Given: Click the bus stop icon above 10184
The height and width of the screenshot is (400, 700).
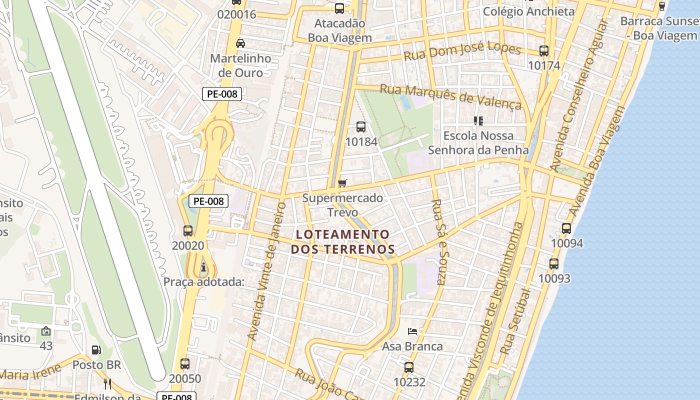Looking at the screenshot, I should coord(361,127).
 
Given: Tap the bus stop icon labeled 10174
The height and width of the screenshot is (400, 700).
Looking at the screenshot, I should coord(544,51).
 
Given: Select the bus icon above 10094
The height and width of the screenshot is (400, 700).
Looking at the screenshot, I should coord(566,228).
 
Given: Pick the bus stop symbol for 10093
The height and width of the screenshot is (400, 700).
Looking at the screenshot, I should coord(554,264).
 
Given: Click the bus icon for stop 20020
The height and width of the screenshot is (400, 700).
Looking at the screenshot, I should coord(188,231).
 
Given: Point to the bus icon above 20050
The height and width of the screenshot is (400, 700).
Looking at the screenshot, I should coord(185,364).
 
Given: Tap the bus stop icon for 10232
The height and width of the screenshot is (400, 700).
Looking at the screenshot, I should coord(409,367).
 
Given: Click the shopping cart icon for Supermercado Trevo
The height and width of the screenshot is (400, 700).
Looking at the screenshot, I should coord(342,183).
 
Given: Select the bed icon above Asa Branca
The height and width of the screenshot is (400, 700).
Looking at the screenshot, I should coord(412,331).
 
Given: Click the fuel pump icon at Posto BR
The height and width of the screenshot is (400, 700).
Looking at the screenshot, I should coord(96,350).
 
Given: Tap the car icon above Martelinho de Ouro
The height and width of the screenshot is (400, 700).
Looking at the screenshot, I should coord(240,43).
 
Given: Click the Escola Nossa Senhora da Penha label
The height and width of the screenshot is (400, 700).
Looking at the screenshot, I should coord(478,142).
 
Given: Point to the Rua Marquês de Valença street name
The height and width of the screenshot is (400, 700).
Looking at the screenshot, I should coord(450,96).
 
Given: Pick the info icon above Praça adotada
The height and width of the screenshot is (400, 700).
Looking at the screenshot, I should coord(203,267).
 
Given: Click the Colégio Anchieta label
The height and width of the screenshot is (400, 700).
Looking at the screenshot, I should coord(529,11).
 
